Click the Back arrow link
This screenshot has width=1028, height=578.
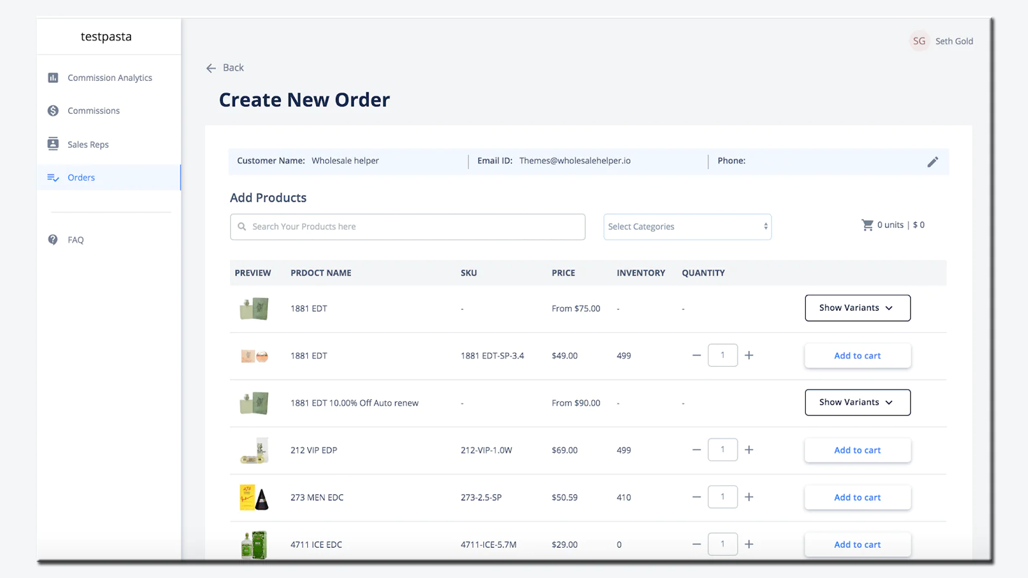[x=224, y=67]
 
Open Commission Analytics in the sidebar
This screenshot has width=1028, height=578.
[x=109, y=78]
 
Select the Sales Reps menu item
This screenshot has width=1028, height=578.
[x=87, y=144]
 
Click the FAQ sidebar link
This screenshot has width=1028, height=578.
[x=75, y=240]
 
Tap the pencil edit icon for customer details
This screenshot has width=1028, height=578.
[x=932, y=162]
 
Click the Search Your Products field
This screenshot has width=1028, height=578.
[x=407, y=227]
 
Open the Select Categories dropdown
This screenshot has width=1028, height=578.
[x=687, y=227]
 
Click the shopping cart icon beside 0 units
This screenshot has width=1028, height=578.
[x=867, y=225]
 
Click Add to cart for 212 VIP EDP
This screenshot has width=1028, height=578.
[x=857, y=450]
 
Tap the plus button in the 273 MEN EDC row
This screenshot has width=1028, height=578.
[x=749, y=497]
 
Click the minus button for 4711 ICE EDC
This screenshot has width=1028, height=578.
[x=696, y=544]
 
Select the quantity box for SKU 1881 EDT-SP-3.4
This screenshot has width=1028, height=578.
[x=722, y=355]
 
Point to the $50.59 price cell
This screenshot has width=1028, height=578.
[x=564, y=497]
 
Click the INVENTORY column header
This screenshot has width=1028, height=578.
[x=641, y=273]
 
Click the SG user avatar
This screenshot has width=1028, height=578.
[x=919, y=41]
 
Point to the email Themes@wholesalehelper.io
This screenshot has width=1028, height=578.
[x=574, y=161]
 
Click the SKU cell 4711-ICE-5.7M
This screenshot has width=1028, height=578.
[x=488, y=545]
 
